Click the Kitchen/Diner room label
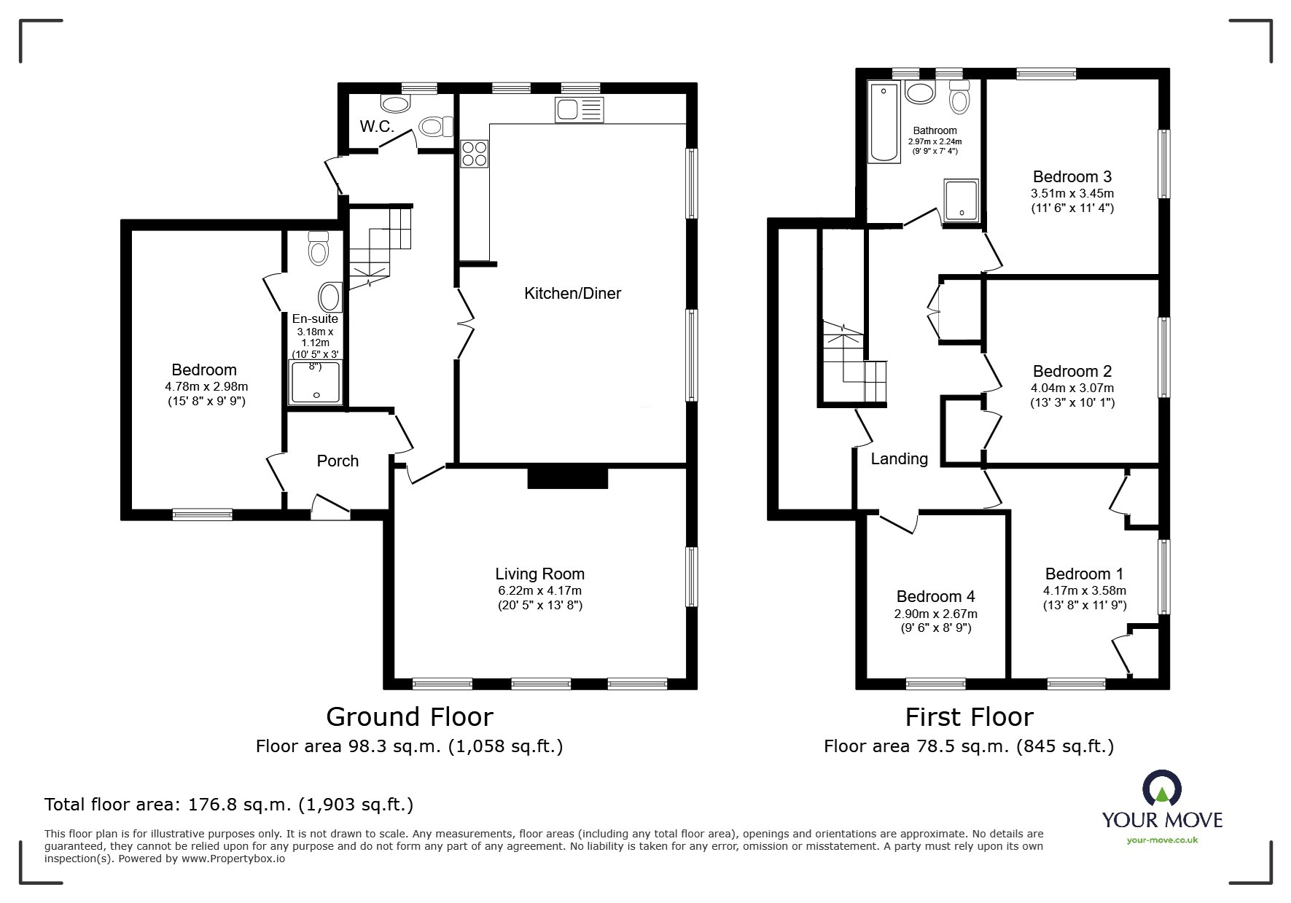(x=572, y=294)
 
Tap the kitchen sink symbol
(x=579, y=109)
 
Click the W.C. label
(x=377, y=127)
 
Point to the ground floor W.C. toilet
(x=434, y=128)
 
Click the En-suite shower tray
(x=316, y=383)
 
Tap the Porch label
(x=338, y=461)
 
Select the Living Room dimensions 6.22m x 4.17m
(x=539, y=591)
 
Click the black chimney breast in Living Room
(x=567, y=478)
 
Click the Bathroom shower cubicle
(x=962, y=199)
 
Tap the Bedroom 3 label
(x=1072, y=177)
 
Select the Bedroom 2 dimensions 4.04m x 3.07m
(x=1072, y=388)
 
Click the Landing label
(x=899, y=458)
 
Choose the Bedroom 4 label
(x=935, y=597)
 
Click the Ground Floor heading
(x=409, y=717)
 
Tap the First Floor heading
(x=969, y=717)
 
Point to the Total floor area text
(x=229, y=805)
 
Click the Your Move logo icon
(x=1161, y=789)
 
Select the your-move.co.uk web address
(x=1162, y=840)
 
